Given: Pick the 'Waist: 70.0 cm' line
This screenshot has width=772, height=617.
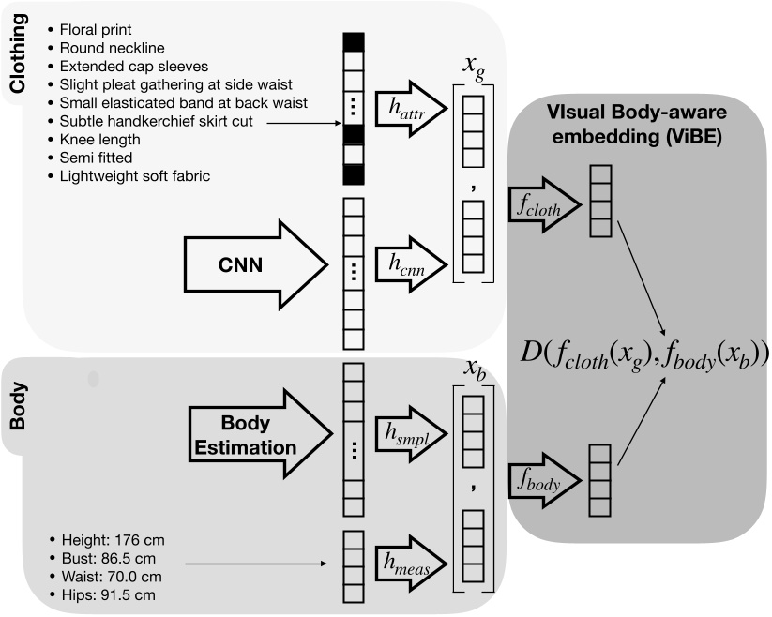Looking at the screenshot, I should coord(111,576).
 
